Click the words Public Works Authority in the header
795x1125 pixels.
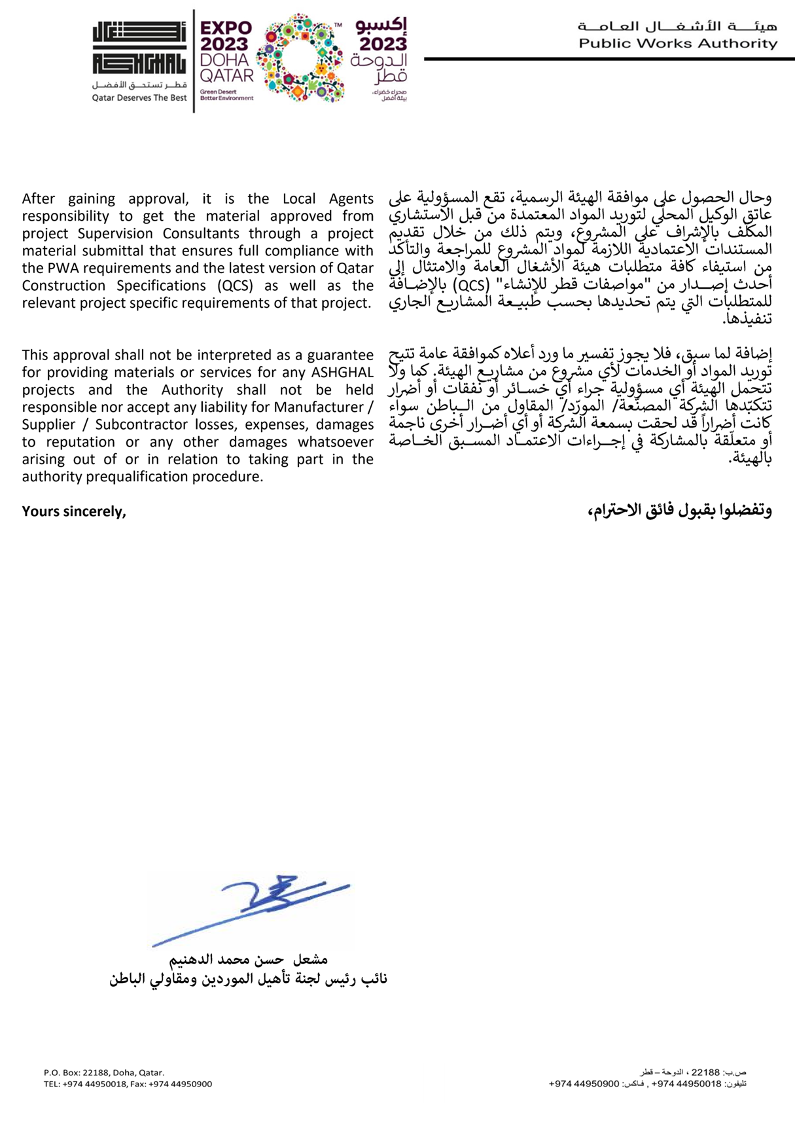pos(678,44)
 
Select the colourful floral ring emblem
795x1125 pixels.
pos(300,58)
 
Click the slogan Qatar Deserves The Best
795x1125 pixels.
pos(139,98)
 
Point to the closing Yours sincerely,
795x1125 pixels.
pos(74,511)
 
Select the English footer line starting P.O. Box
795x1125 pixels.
pos(104,1073)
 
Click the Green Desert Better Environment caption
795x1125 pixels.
pos(226,96)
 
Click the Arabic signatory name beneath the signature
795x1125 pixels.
pos(248,960)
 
